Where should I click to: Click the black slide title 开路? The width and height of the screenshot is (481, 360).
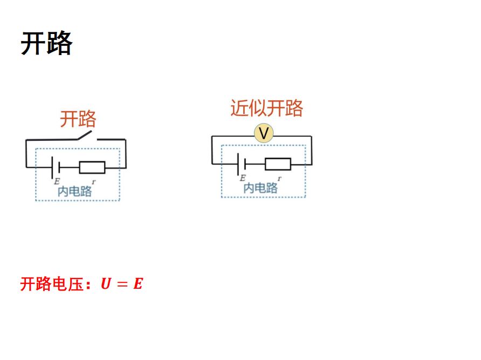pyautogui.click(x=46, y=43)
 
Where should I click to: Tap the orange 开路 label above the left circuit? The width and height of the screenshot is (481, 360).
pyautogui.click(x=78, y=119)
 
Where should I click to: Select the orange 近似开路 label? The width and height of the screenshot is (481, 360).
pyautogui.click(x=266, y=108)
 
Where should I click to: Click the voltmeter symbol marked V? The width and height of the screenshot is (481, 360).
pyautogui.click(x=264, y=133)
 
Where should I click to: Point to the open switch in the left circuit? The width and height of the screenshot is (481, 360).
pyautogui.click(x=86, y=135)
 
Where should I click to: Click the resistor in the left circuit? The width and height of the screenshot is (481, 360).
pyautogui.click(x=92, y=167)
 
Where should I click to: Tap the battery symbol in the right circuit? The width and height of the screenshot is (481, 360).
pyautogui.click(x=241, y=164)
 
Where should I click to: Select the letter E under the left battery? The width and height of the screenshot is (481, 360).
pyautogui.click(x=57, y=181)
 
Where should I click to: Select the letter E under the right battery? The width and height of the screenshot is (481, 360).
pyautogui.click(x=243, y=178)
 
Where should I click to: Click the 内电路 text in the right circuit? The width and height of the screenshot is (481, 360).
pyautogui.click(x=260, y=187)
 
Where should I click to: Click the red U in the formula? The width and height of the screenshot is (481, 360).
pyautogui.click(x=106, y=284)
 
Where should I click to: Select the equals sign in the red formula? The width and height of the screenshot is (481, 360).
pyautogui.click(x=122, y=284)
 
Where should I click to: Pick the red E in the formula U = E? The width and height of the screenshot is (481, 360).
pyautogui.click(x=138, y=284)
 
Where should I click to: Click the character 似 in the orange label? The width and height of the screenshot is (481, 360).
pyautogui.click(x=258, y=108)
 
